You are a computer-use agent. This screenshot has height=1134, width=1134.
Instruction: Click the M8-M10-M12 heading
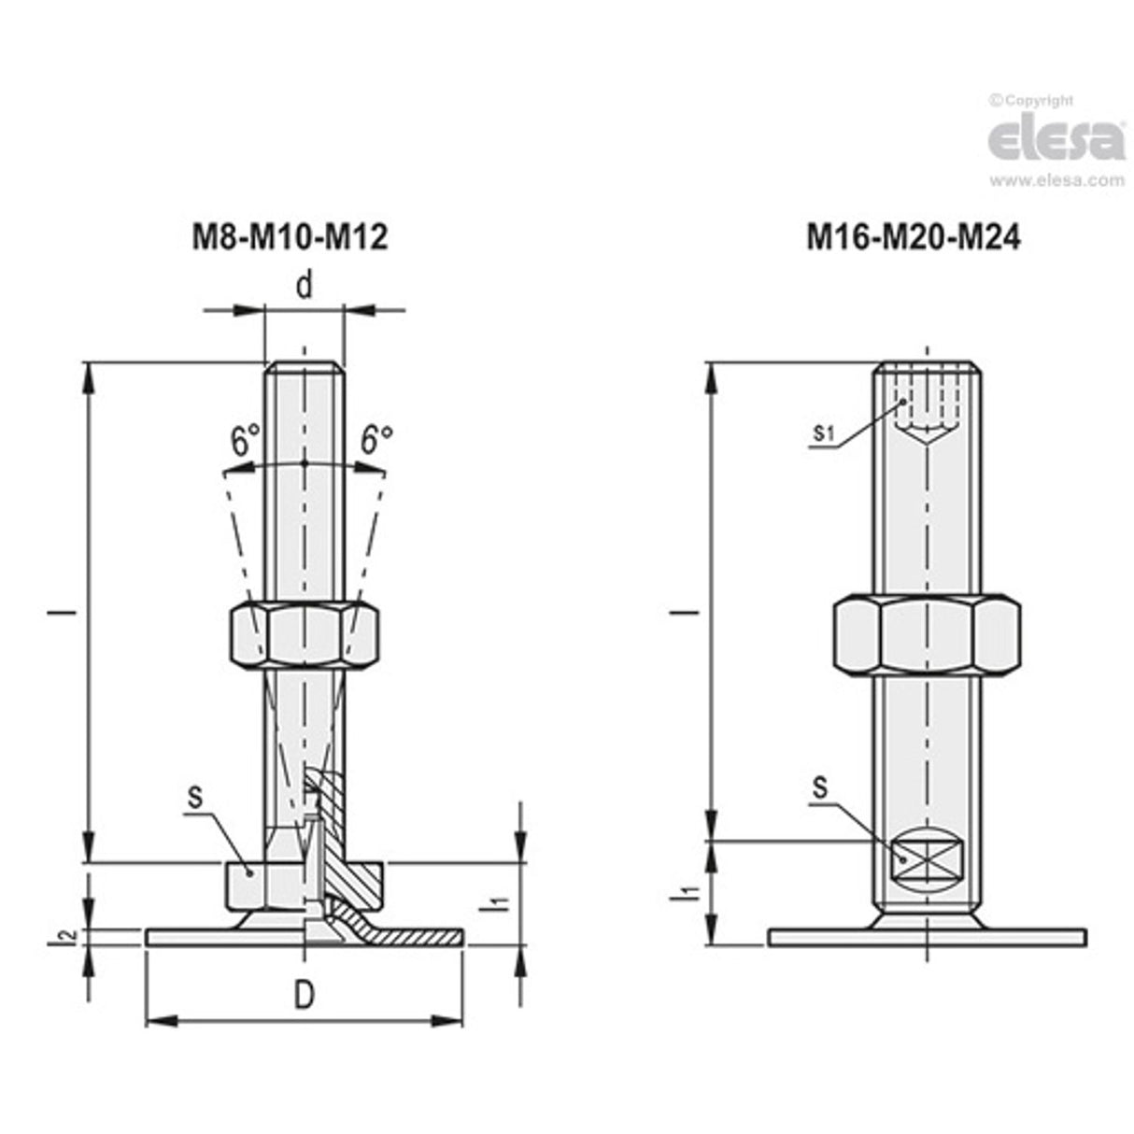(290, 237)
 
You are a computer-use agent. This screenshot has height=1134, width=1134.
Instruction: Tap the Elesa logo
(1056, 138)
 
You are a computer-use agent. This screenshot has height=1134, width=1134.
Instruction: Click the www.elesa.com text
(1056, 181)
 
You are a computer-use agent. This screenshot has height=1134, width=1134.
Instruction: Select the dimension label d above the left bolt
(305, 286)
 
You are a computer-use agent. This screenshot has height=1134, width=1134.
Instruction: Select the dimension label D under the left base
(305, 997)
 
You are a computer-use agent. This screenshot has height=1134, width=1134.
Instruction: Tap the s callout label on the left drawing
(195, 796)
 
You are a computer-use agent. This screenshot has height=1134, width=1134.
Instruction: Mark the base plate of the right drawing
(926, 936)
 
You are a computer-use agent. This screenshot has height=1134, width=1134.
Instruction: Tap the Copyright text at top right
(1031, 100)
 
